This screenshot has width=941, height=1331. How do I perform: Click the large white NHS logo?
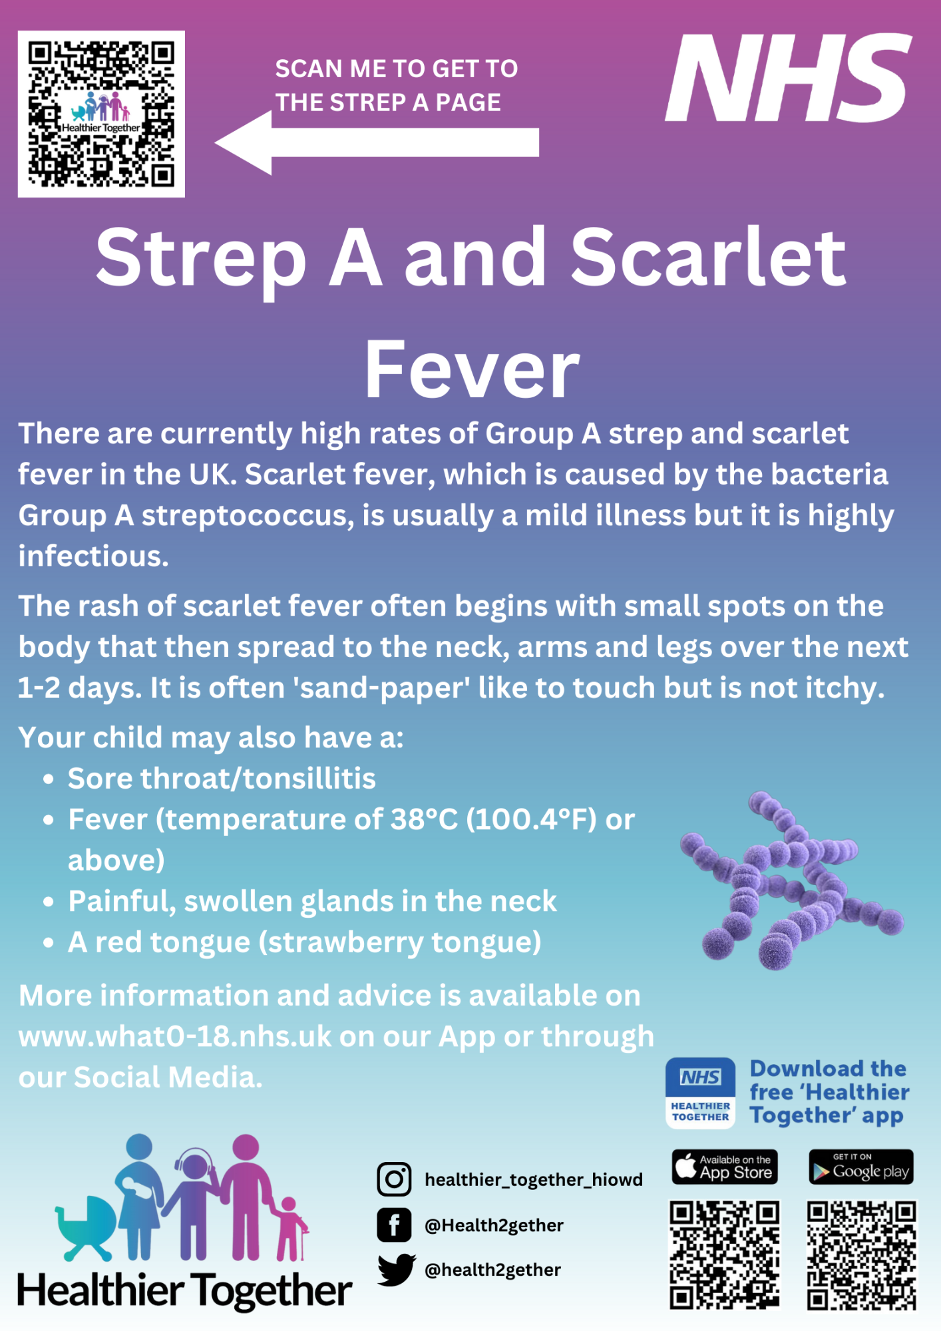pyautogui.click(x=789, y=78)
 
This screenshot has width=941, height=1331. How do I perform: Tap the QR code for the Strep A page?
pyautogui.click(x=101, y=114)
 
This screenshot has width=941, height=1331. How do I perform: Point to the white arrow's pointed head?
pyautogui.click(x=216, y=142)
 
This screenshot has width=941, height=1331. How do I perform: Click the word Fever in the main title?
pyautogui.click(x=472, y=369)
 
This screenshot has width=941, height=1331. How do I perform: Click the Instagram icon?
pyautogui.click(x=394, y=1179)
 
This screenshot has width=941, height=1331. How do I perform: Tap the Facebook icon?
pyautogui.click(x=394, y=1225)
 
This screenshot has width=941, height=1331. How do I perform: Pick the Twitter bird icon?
pyautogui.click(x=397, y=1269)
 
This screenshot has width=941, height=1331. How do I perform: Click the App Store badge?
pyautogui.click(x=725, y=1167)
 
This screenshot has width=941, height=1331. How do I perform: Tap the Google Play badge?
pyautogui.click(x=861, y=1167)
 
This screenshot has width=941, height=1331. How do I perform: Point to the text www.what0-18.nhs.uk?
pyautogui.click(x=175, y=1037)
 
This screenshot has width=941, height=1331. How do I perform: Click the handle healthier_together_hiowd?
pyautogui.click(x=534, y=1180)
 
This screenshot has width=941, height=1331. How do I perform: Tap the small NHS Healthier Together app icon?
pyautogui.click(x=701, y=1093)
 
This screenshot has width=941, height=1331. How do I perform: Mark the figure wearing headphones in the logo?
pyautogui.click(x=192, y=1205)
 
